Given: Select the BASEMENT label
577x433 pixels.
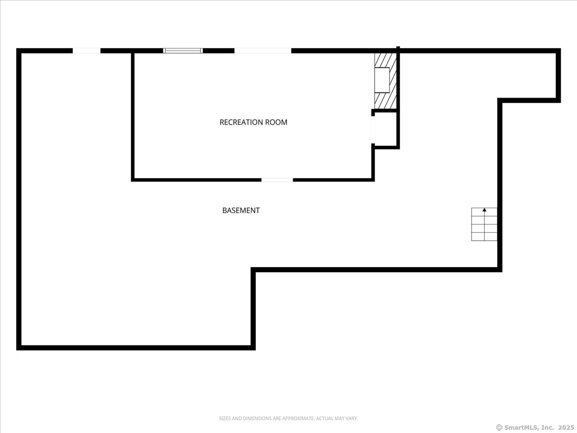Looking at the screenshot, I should pos(241,210).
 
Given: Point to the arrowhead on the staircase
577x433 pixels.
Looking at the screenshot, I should pos(484,210).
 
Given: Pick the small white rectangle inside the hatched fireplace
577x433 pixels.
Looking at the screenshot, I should pos(382,80).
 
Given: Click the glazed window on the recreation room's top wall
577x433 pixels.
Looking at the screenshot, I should pos(183,51).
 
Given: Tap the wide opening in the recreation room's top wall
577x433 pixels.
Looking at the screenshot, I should pos(263,51).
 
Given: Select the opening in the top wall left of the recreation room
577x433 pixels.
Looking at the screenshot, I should pos(87,51).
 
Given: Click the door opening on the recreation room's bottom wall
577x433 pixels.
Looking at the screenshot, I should pos(277,180).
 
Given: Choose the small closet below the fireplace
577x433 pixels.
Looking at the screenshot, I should pos(386,129).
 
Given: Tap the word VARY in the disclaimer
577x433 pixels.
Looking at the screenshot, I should pos(351,419).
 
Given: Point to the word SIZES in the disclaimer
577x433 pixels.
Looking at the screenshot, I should pos(225,419).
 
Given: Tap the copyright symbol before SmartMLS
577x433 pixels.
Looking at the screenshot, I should pos(499,427).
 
